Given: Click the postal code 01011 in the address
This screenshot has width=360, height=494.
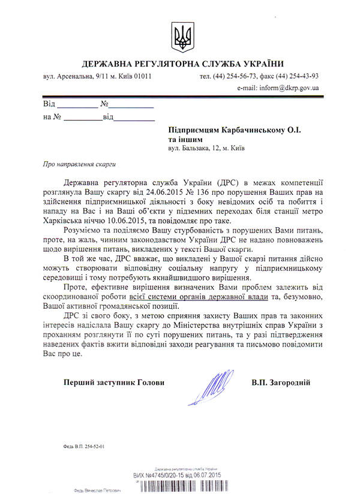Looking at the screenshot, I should tap(142, 77).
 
